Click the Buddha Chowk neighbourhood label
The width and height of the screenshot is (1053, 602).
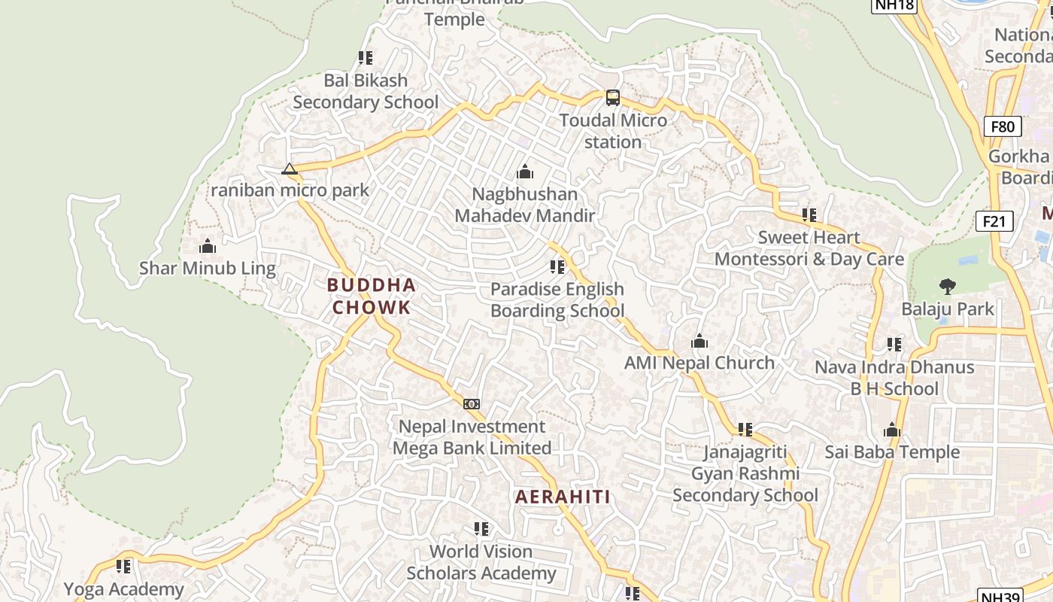[371, 296]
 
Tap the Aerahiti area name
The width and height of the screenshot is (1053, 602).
[563, 497]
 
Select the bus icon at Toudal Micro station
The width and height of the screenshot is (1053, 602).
[613, 97]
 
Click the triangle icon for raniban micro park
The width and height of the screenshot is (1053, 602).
[290, 169]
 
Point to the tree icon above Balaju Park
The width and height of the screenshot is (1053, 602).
[947, 286]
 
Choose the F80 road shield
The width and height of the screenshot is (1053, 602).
[1003, 126]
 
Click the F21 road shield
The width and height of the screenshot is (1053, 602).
[994, 221]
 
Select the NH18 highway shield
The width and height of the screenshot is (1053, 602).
[894, 5]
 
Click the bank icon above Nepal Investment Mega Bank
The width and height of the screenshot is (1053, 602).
[472, 404]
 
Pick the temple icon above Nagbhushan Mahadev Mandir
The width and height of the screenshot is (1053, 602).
[525, 172]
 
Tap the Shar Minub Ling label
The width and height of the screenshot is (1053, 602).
[208, 268]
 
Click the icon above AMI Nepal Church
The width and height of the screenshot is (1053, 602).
[699, 341]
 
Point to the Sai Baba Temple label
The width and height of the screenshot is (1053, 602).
[892, 451]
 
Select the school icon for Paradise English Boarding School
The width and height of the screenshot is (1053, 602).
[557, 267]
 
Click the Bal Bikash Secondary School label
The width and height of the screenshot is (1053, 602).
[366, 91]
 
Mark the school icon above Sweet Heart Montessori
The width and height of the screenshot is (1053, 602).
[809, 215]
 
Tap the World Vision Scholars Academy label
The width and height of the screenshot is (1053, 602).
[481, 562]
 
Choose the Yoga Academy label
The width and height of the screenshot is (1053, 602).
[123, 589]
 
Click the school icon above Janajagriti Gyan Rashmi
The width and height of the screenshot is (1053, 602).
[745, 430]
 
